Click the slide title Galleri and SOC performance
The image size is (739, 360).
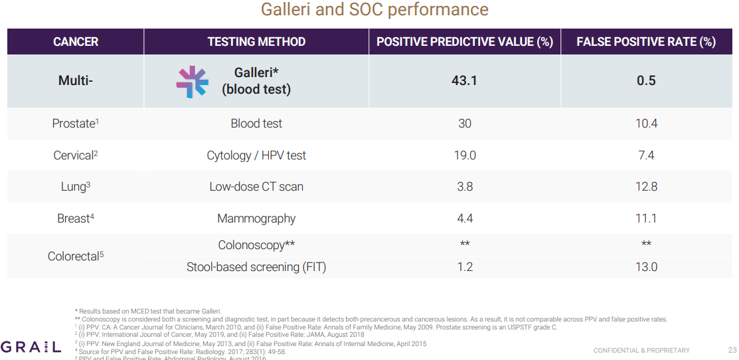pos(374,11)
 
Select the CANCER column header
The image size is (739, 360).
pos(76,42)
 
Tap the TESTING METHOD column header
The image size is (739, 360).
pos(256,42)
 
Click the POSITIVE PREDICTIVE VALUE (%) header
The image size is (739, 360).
pos(465,42)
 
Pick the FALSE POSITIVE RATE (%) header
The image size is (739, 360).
pos(645,42)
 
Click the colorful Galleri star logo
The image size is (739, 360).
pos(192,82)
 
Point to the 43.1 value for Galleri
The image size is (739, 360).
pos(465,80)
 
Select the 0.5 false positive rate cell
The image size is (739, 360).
pos(645,80)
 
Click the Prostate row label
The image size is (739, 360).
pos(75,124)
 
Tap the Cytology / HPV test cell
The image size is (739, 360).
pos(256,155)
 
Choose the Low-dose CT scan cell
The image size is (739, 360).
pos(256,187)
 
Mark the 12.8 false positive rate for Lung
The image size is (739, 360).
pos(645,187)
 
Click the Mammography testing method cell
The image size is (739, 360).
pos(256,219)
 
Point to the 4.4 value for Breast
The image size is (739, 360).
pos(465,219)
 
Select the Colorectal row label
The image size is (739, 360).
pos(75,256)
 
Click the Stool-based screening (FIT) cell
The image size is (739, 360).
pos(256,267)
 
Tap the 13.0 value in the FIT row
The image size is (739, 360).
pos(645,267)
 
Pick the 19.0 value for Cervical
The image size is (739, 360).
pos(465,155)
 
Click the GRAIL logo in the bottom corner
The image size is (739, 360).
pos(31,347)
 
